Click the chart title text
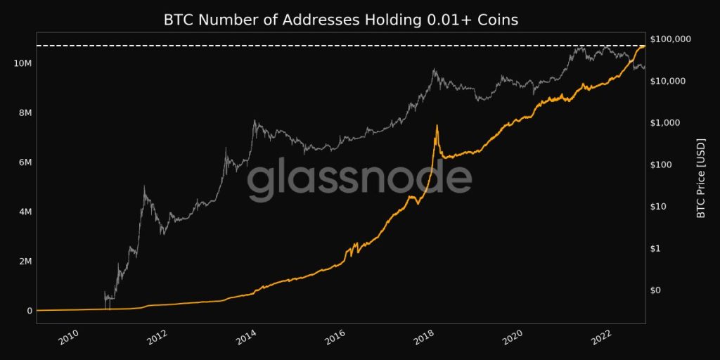341,20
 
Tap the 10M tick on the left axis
22,63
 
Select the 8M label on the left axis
24,112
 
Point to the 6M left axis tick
24,162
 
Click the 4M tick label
24,212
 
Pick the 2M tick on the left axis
24,262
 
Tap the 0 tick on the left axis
29,311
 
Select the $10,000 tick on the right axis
671,81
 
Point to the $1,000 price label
669,122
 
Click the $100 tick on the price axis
665,165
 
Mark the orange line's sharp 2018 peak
437,125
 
